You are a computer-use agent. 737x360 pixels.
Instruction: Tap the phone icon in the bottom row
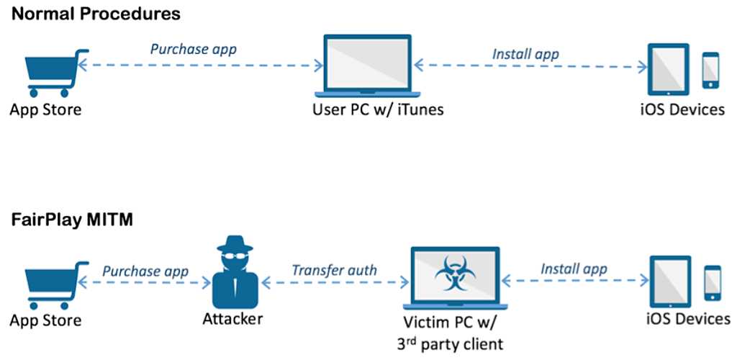tap(713, 283)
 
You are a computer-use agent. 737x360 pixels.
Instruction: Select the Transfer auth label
tap(334, 271)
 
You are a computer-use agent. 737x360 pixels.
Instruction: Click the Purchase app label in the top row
tap(193, 49)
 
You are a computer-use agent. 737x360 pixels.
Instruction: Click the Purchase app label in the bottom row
tap(145, 271)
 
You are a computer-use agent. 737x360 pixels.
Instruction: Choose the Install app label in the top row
tap(525, 53)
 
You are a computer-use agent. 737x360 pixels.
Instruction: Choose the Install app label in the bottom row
tap(574, 269)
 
